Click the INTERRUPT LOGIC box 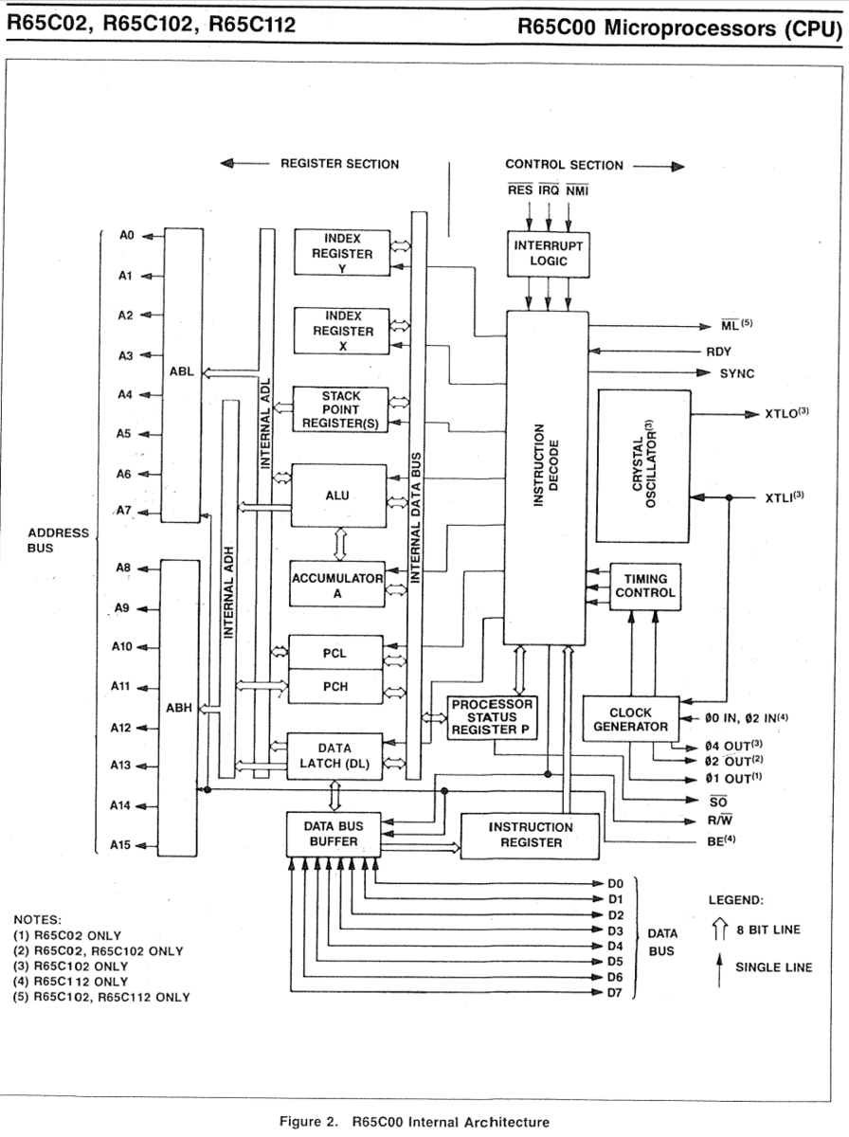click(x=548, y=254)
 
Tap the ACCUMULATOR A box click(x=337, y=584)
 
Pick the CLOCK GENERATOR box click(x=631, y=719)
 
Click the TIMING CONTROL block click(x=645, y=587)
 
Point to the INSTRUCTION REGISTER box click(x=530, y=836)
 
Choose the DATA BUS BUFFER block click(x=334, y=834)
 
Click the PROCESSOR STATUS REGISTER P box click(x=492, y=717)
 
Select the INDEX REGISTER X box click(x=342, y=331)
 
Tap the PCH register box click(x=335, y=686)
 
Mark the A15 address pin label click(x=120, y=845)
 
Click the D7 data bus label click(x=615, y=993)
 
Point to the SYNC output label click(x=736, y=373)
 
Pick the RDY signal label click(x=718, y=352)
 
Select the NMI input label click(x=577, y=190)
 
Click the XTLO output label click(x=786, y=413)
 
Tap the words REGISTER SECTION click(x=340, y=164)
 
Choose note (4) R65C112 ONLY click(x=70, y=982)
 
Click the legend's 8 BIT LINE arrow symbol click(x=719, y=929)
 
